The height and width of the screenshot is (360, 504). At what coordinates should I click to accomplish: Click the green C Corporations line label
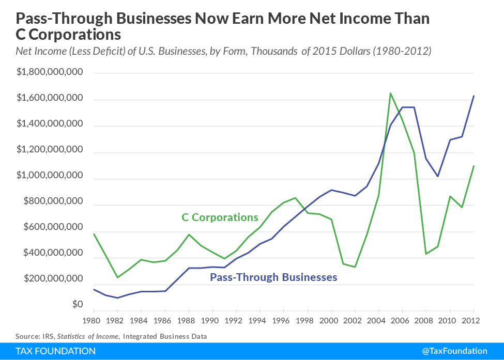click(220, 217)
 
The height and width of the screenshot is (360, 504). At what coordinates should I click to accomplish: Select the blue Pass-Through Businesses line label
click(273, 277)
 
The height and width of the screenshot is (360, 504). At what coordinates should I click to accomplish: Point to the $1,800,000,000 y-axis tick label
click(50, 72)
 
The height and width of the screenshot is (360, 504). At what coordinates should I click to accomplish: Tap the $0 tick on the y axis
click(77, 305)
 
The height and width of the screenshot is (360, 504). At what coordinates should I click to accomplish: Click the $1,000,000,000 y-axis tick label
click(50, 176)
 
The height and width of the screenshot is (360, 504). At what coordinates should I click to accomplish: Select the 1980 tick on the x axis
click(93, 320)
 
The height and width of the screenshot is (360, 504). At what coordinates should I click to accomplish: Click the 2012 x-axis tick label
click(473, 320)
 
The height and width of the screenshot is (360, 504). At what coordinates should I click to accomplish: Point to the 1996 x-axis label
click(283, 320)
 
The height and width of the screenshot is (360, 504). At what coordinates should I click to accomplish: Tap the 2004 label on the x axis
click(378, 320)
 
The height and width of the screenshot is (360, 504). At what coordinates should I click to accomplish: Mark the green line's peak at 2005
click(390, 93)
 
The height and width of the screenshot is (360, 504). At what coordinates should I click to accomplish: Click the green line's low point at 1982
click(117, 277)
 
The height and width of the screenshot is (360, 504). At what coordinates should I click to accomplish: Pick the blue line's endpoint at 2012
click(474, 96)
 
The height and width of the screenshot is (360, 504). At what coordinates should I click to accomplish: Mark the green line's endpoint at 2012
click(474, 166)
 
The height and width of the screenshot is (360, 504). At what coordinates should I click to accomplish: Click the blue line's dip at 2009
click(438, 177)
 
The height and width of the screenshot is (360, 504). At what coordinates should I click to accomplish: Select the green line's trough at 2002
click(355, 267)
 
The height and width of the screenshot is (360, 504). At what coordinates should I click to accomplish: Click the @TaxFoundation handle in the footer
click(454, 351)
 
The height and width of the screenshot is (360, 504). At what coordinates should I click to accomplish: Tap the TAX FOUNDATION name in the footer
click(55, 351)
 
